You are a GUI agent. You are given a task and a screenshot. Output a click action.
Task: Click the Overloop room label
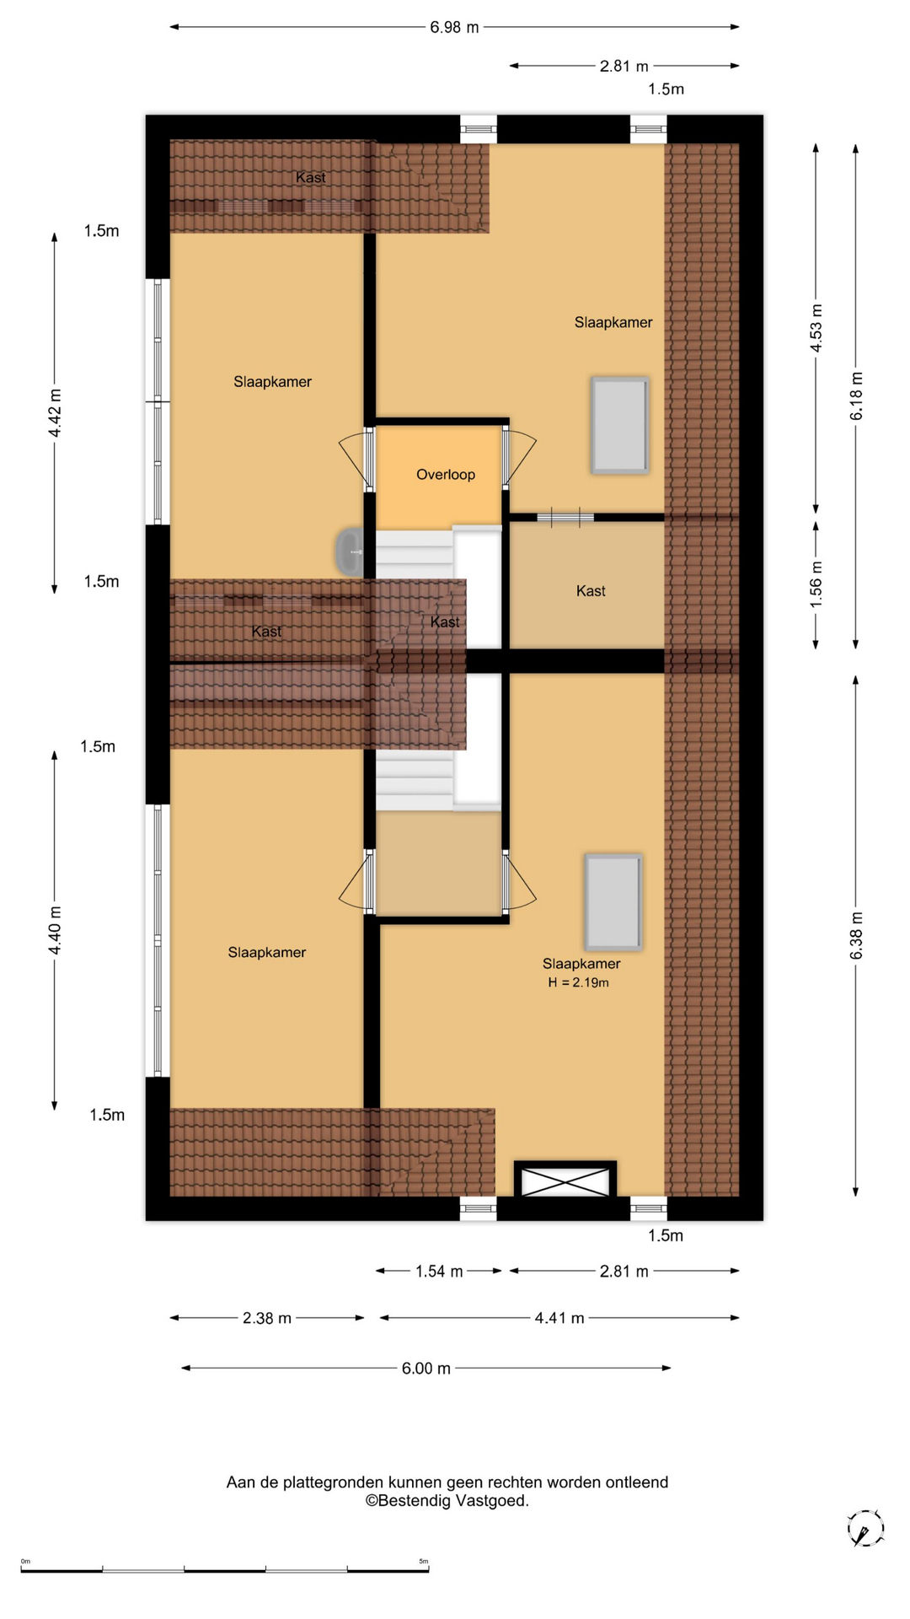pyautogui.click(x=446, y=475)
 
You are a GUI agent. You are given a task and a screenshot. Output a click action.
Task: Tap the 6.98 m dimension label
pyautogui.click(x=454, y=27)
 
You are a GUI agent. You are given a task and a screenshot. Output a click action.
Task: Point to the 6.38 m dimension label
pyautogui.click(x=856, y=935)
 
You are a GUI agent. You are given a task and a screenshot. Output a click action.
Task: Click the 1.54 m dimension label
pyautogui.click(x=439, y=1271)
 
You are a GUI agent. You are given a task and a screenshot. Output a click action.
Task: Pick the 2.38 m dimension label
pyautogui.click(x=267, y=1318)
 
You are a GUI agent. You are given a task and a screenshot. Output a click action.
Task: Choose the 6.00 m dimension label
pyautogui.click(x=426, y=1368)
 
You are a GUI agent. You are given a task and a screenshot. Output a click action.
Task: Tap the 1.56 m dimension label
pyautogui.click(x=816, y=584)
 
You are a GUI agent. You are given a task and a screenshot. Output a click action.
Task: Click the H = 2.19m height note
pyautogui.click(x=578, y=982)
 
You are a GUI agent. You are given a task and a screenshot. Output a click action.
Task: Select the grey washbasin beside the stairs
pyautogui.click(x=350, y=552)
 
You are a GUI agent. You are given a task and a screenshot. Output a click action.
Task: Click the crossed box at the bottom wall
pyautogui.click(x=565, y=1181)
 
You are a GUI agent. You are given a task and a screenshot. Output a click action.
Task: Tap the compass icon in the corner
pyautogui.click(x=865, y=1528)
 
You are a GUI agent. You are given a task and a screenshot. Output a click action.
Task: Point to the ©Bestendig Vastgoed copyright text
pyautogui.click(x=447, y=1500)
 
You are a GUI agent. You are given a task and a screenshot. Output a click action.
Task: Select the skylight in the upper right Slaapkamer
pyautogui.click(x=620, y=425)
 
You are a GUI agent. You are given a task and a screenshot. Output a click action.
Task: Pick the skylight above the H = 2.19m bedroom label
pyautogui.click(x=613, y=901)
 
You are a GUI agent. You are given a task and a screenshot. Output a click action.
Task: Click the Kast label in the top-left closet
pyautogui.click(x=311, y=177)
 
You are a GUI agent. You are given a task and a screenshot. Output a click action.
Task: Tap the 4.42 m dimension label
pyautogui.click(x=55, y=413)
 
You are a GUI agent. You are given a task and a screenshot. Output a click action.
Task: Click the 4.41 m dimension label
pyautogui.click(x=559, y=1318)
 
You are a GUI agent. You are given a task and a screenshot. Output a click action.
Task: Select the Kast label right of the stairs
pyautogui.click(x=591, y=591)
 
